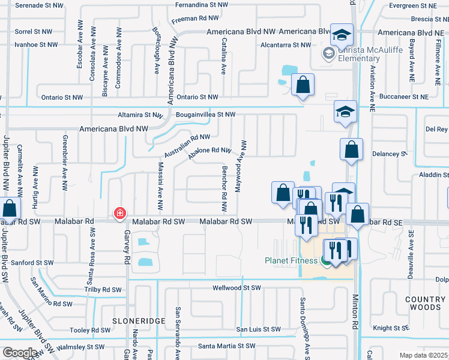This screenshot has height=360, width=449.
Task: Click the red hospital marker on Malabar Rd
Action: click(x=119, y=213)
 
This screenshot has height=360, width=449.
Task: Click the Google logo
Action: click(x=20, y=353)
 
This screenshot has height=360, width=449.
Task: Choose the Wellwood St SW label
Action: click(x=238, y=288)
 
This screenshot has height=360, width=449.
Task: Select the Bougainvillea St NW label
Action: click(x=205, y=114)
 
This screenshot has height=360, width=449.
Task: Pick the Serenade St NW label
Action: click(x=38, y=5)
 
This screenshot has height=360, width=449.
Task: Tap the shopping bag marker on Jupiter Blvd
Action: click(x=10, y=209)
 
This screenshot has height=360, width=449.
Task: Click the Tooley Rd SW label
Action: click(x=90, y=330)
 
